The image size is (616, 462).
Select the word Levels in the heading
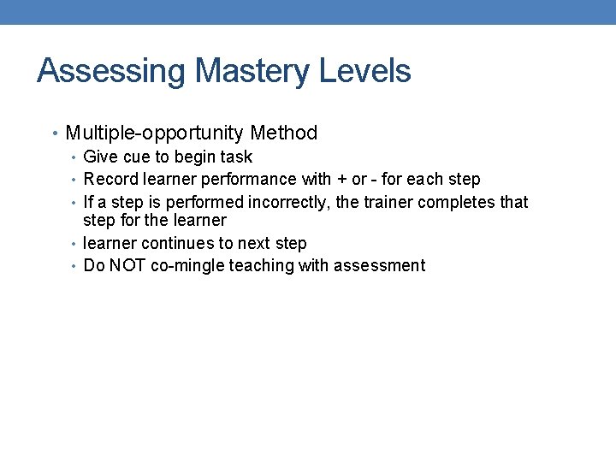[365, 71]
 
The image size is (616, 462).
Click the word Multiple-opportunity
[155, 133]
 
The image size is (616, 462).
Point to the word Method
[284, 133]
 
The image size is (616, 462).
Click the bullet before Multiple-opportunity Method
[56, 134]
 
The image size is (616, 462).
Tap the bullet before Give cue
[74, 157]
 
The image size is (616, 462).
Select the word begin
[196, 157]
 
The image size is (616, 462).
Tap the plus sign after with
[341, 180]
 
